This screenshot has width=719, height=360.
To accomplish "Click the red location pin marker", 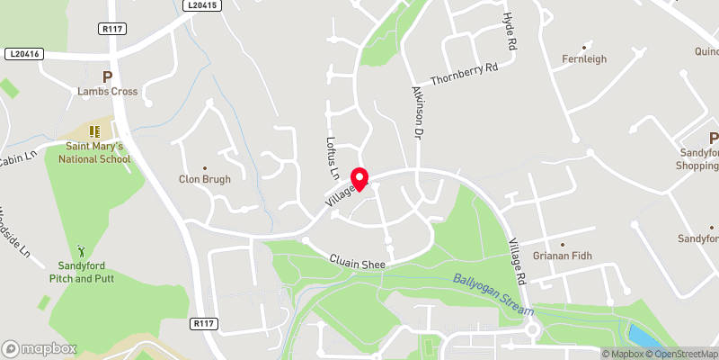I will click(359, 179).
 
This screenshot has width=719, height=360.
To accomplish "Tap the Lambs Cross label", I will click(107, 91).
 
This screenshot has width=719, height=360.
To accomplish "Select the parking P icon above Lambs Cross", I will click(107, 76).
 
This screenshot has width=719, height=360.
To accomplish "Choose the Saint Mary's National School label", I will click(94, 152).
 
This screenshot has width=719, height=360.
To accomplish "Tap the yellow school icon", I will click(94, 131).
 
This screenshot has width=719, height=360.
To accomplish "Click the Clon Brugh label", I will click(204, 179).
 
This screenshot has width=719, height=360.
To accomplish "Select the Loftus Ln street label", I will click(331, 156).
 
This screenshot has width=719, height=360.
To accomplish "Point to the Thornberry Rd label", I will click(464, 74).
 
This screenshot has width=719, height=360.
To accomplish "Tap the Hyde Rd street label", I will click(509, 32).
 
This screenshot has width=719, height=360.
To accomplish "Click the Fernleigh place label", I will click(584, 58).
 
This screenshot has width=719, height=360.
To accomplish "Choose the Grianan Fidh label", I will click(564, 256).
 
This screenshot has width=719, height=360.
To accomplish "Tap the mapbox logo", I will click(39, 348).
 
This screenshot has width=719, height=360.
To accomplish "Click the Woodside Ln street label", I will click(13, 229).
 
